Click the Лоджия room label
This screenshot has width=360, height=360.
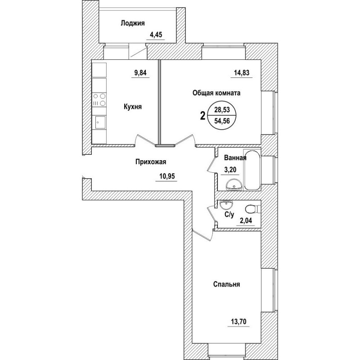[132, 23]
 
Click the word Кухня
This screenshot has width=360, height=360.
[133, 107]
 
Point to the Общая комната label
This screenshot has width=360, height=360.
[217, 93]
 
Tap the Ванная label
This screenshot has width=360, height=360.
[235, 158]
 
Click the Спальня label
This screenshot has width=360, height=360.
[226, 284]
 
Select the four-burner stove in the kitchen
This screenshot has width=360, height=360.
[99, 99]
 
